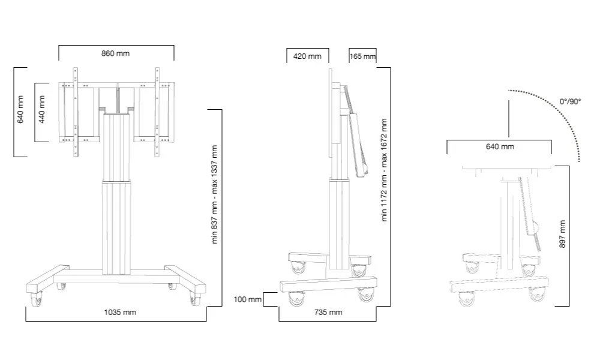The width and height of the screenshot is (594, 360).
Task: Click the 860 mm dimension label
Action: click(x=115, y=53)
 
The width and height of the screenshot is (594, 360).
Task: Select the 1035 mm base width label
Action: click(x=120, y=312)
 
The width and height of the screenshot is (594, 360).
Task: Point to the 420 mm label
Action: click(x=307, y=56)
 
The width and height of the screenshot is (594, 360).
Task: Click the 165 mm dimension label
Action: click(x=362, y=56)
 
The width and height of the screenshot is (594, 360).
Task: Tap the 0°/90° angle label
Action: click(x=571, y=102)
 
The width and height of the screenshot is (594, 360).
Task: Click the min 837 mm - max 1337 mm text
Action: click(x=214, y=194)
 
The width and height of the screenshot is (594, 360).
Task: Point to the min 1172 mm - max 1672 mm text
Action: click(x=385, y=170)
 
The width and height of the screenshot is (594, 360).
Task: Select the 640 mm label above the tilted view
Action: click(x=499, y=146)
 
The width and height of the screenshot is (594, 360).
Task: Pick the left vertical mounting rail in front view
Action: click(x=75, y=112)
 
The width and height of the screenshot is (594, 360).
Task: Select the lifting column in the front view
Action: click(x=116, y=192)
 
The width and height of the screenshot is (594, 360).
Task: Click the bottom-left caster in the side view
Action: click(x=295, y=298)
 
